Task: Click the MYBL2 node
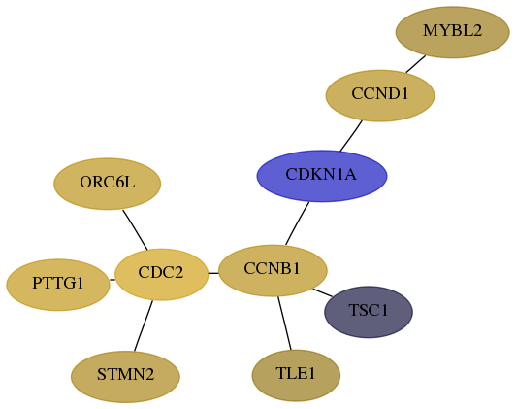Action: coord(453,32)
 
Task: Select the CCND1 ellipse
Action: coord(380,95)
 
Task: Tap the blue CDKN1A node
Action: coord(322,176)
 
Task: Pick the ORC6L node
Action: coord(108,184)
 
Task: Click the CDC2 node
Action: coord(162,274)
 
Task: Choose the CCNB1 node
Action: coord(273,271)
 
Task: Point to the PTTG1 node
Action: coord(58,285)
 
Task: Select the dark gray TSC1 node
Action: coord(369,312)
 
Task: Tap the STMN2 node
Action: coord(125,377)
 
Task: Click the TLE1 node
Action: coord(296,375)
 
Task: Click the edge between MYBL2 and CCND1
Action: coord(416,64)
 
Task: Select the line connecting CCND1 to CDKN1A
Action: coord(351,136)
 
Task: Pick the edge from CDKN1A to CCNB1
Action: coord(297,223)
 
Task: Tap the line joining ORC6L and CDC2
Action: coord(135,229)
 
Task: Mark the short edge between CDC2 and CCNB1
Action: coord(213,273)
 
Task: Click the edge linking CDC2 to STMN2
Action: coord(144,325)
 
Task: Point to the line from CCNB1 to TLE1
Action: coord(284,323)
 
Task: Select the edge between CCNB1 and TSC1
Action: coord(322,292)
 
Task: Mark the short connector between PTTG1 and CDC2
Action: coord(113,280)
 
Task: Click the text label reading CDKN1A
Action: coord(321,174)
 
